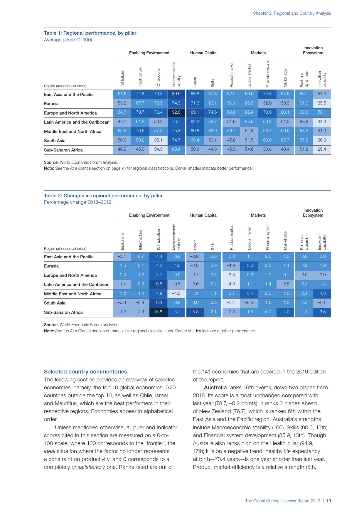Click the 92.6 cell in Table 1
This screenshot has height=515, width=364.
(176, 112)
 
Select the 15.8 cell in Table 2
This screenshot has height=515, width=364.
(158, 312)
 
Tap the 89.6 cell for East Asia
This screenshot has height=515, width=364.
(176, 94)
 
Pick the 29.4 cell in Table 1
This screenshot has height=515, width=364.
(322, 149)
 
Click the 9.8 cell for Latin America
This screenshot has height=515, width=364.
(158, 284)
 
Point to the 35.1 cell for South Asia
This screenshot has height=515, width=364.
(158, 140)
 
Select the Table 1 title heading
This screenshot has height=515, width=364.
(90, 33)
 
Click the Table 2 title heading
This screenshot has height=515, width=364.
(103, 196)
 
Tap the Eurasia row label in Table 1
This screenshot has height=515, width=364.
(51, 104)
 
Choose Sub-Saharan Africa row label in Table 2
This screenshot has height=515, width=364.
(63, 312)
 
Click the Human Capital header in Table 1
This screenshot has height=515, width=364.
(204, 53)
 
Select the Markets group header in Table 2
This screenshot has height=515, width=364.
(258, 215)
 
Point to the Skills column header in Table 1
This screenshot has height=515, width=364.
(213, 83)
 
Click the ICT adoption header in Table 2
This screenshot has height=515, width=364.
(159, 240)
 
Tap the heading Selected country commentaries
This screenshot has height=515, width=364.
(85, 372)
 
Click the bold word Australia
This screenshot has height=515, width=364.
(215, 388)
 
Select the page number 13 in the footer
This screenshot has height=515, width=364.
(329, 501)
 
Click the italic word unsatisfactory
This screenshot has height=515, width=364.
(88, 467)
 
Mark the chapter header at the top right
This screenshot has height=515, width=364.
(292, 13)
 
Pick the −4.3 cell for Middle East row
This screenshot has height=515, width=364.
(176, 293)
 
